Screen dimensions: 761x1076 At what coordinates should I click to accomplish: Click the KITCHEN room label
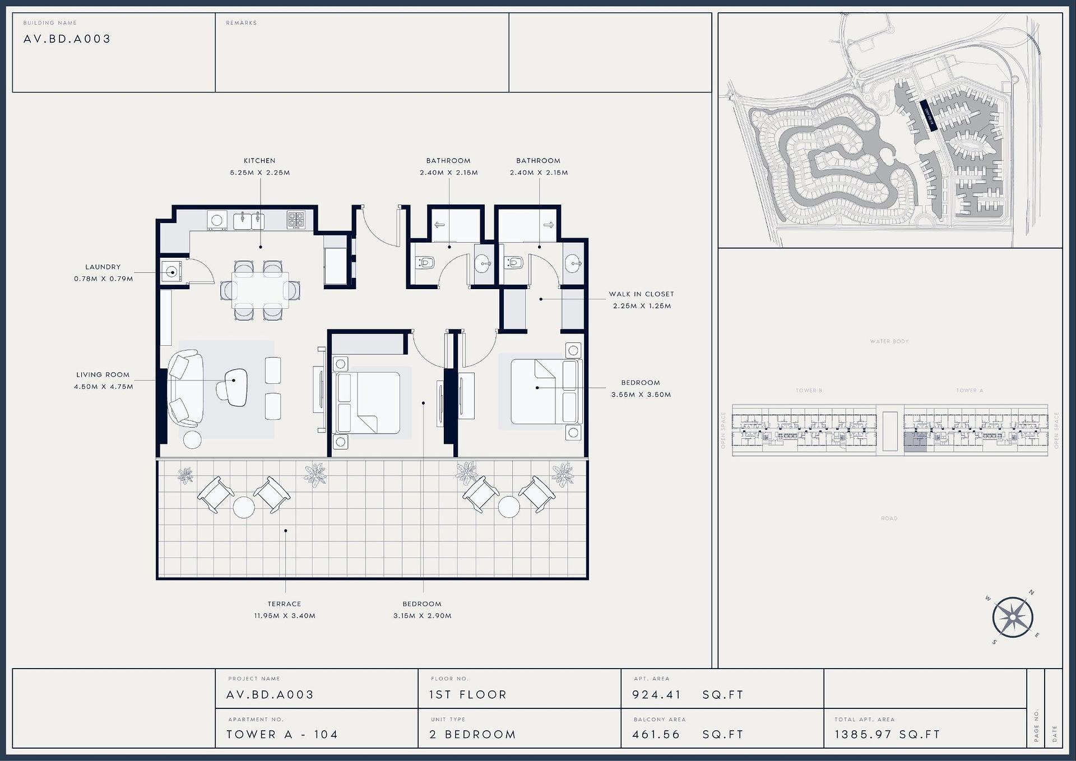(x=259, y=160)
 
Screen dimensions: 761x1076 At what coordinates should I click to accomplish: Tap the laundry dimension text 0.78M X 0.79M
(x=104, y=279)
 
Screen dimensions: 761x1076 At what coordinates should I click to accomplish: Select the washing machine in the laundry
(x=171, y=272)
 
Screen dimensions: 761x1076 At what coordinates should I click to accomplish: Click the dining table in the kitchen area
(x=261, y=290)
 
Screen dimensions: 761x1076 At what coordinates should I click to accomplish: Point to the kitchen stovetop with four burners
(x=296, y=219)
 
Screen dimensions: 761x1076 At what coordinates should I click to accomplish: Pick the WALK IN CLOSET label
(x=641, y=294)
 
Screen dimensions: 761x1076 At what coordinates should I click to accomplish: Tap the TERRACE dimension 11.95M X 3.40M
(x=284, y=615)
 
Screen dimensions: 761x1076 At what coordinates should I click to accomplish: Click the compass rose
(x=1013, y=618)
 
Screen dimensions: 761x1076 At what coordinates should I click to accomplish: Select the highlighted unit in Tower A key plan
(x=915, y=442)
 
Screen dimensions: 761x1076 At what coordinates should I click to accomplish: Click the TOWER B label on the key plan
(x=809, y=390)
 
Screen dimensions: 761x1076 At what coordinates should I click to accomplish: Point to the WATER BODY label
(x=889, y=341)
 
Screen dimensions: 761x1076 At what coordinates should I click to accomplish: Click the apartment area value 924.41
(x=656, y=694)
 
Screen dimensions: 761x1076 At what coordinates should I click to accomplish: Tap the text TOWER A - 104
(x=282, y=734)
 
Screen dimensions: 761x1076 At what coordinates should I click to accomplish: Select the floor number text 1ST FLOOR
(x=467, y=694)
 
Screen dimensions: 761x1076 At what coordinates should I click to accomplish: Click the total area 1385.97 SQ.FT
(x=887, y=734)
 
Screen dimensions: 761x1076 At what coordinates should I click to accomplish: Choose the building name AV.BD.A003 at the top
(x=67, y=39)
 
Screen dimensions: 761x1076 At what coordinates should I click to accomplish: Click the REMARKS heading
(x=241, y=23)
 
